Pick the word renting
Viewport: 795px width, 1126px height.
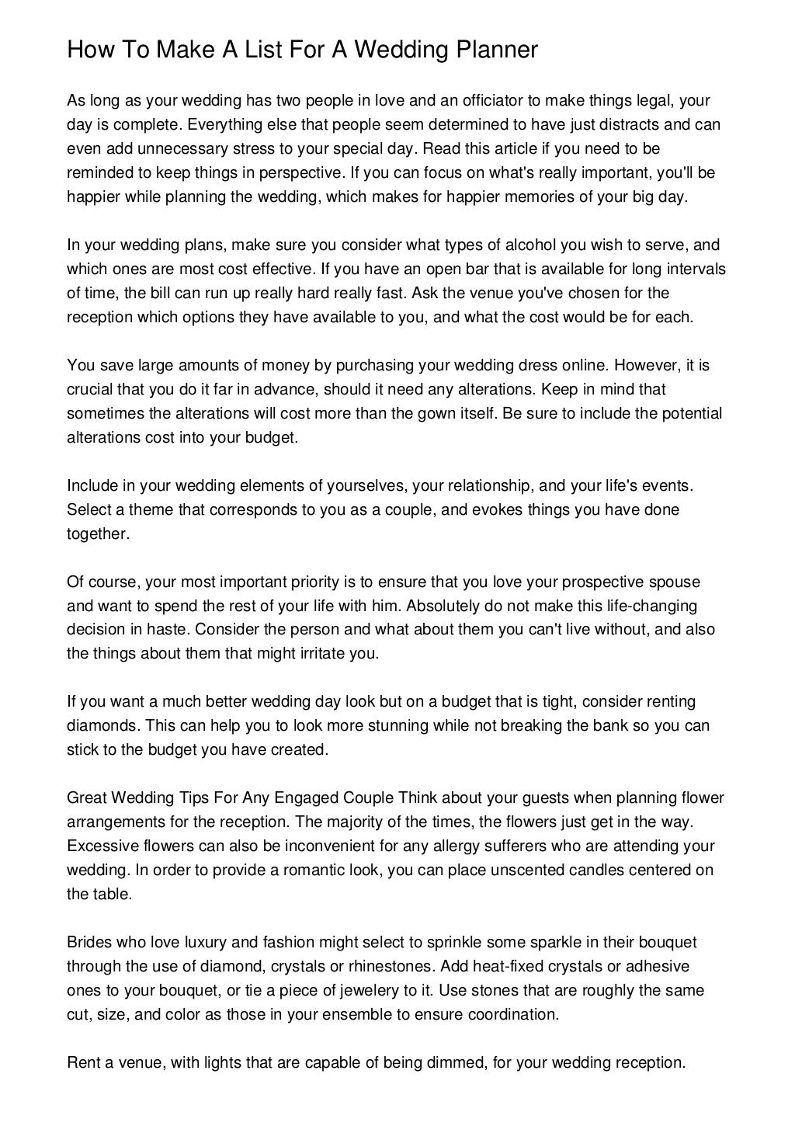pos(668,702)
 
